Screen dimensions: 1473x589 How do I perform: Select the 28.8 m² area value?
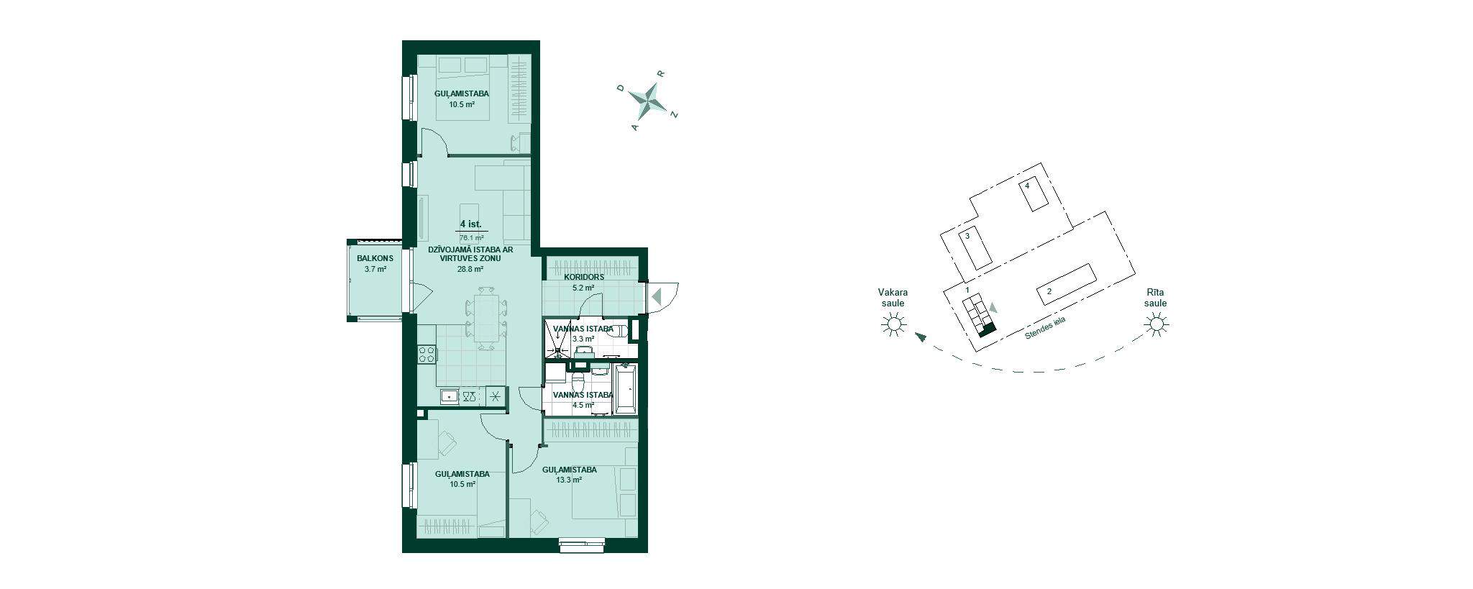[470, 270]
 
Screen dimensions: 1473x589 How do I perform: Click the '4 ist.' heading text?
[470, 224]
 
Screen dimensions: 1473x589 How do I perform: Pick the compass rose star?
[649, 102]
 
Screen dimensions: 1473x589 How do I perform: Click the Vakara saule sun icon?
[893, 326]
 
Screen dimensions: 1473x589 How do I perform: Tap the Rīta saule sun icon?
[1156, 326]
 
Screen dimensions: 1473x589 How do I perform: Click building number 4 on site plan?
[1027, 186]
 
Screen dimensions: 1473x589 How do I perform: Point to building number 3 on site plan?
[967, 236]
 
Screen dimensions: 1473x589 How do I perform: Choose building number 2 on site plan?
[1049, 291]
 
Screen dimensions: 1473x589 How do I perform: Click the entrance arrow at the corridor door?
[656, 295]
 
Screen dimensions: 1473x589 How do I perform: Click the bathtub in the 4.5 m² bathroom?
[626, 388]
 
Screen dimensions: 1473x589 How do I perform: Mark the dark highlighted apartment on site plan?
[988, 331]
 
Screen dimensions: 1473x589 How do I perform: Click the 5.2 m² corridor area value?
[583, 288]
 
